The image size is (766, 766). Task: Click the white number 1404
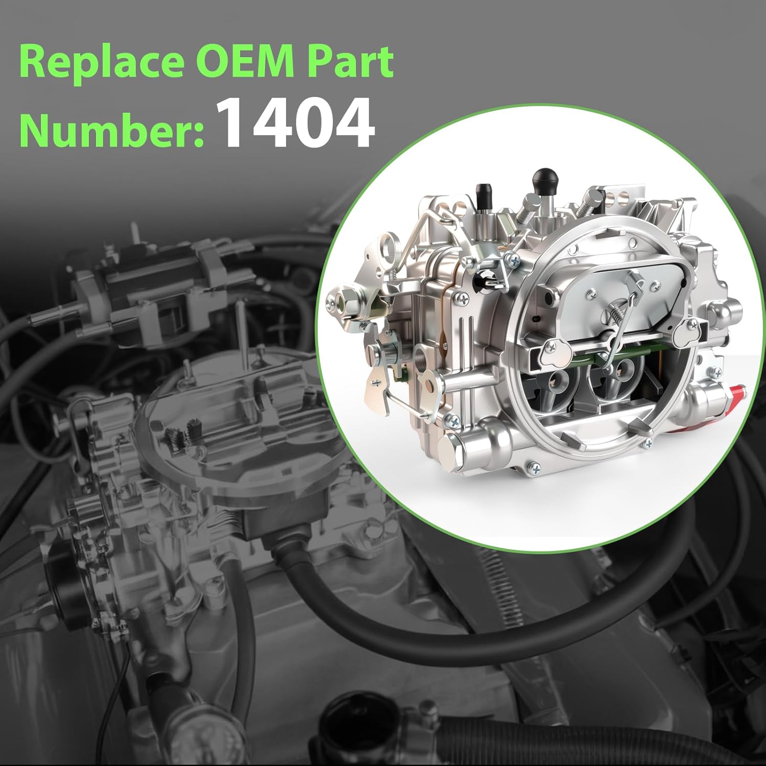tap(296, 124)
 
